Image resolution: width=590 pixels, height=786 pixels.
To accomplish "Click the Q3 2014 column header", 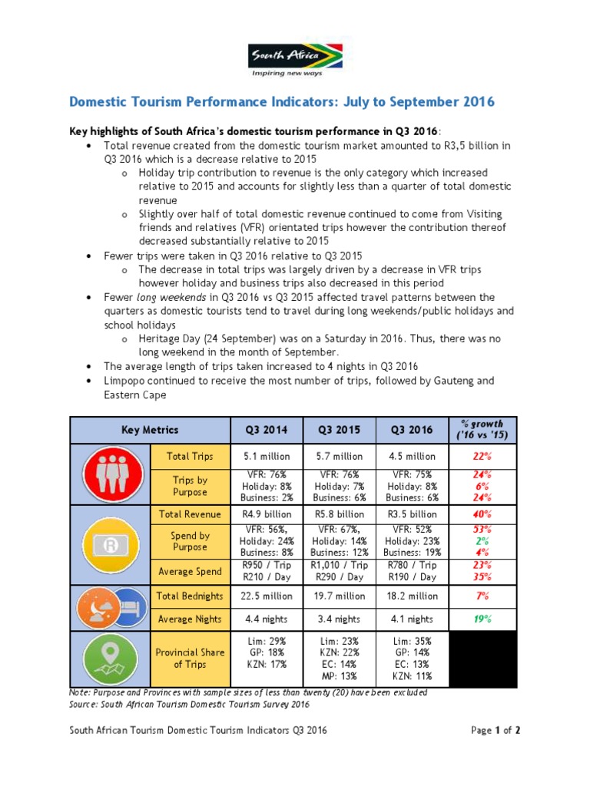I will tap(267, 430).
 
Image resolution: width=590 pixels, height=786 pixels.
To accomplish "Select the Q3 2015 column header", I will tap(339, 430).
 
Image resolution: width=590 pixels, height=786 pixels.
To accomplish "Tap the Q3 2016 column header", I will tap(411, 430).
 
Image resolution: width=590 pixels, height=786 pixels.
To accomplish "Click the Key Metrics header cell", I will tap(150, 430).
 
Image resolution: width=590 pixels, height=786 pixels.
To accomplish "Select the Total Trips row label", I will tap(191, 456).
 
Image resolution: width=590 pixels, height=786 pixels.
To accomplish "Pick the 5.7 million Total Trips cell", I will tap(339, 456).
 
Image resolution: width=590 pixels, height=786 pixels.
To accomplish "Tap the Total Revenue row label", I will tap(191, 514).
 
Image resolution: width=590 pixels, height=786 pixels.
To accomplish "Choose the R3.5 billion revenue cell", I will tap(411, 514).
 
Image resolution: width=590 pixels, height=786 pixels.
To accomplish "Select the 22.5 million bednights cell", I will tap(267, 596).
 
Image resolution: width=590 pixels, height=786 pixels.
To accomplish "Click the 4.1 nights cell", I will tap(411, 619).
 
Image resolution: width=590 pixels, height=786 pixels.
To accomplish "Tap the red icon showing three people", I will tap(111, 474).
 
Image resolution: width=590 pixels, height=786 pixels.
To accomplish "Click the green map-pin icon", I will tap(111, 658).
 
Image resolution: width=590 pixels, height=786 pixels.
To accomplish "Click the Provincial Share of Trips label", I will tap(191, 658).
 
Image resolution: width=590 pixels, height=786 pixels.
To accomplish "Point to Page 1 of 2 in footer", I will tap(496, 731).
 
